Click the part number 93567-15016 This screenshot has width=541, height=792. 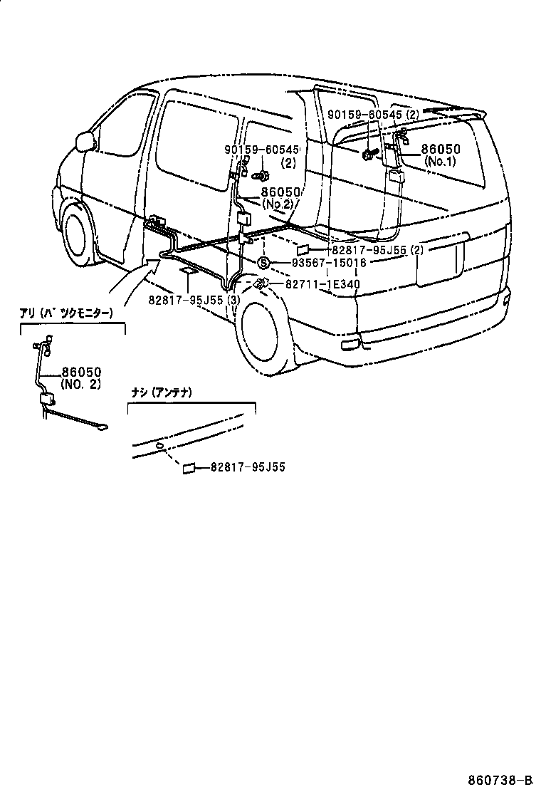(329, 263)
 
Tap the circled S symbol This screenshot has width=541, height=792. (262, 263)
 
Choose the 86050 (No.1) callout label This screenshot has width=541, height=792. (441, 155)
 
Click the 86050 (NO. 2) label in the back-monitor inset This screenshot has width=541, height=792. (80, 377)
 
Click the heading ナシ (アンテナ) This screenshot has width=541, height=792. (162, 392)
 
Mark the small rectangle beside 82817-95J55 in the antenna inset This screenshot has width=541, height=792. (189, 468)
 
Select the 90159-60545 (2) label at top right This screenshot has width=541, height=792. (374, 114)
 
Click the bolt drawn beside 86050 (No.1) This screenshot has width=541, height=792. (370, 153)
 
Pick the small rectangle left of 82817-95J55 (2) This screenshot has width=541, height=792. (302, 250)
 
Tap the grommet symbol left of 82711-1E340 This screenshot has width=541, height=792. (261, 284)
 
